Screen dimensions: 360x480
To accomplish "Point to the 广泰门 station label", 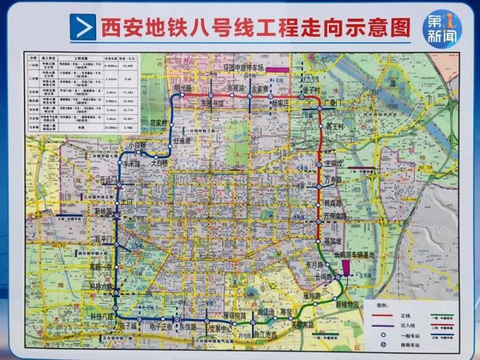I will [x=335, y=103].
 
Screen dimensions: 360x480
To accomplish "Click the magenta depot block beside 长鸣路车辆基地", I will [x=347, y=267].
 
